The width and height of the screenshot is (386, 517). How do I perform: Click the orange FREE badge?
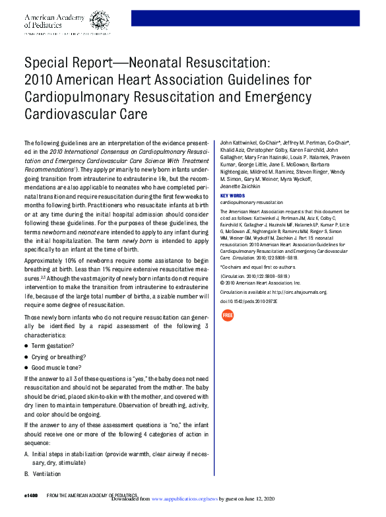(x=228, y=316)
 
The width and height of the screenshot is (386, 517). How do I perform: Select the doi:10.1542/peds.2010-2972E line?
(x=249, y=301)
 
